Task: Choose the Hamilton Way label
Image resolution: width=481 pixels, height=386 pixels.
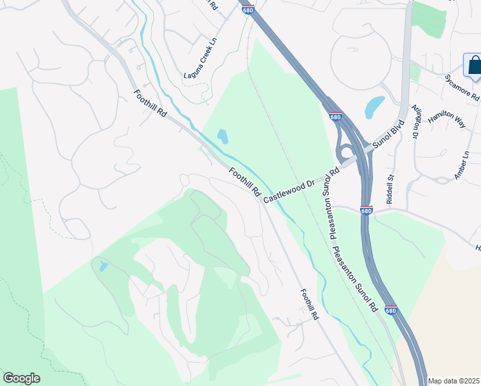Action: point(447,118)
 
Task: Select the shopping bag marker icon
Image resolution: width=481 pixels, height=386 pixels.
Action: point(474,65)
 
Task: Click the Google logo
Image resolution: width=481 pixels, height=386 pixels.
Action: point(21,378)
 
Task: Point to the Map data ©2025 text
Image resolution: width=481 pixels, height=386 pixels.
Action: point(453,381)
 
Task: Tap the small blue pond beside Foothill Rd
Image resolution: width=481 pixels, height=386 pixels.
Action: point(222,136)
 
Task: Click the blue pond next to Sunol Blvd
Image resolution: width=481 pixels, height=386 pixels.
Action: point(374,107)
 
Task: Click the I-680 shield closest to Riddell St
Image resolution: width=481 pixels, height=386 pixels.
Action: point(366,210)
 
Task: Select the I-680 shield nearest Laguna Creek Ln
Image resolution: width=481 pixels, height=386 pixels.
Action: point(247,10)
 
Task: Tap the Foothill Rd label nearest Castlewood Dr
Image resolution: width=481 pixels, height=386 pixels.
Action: point(245,182)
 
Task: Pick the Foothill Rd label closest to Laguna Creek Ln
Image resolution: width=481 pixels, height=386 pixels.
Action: point(150,104)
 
